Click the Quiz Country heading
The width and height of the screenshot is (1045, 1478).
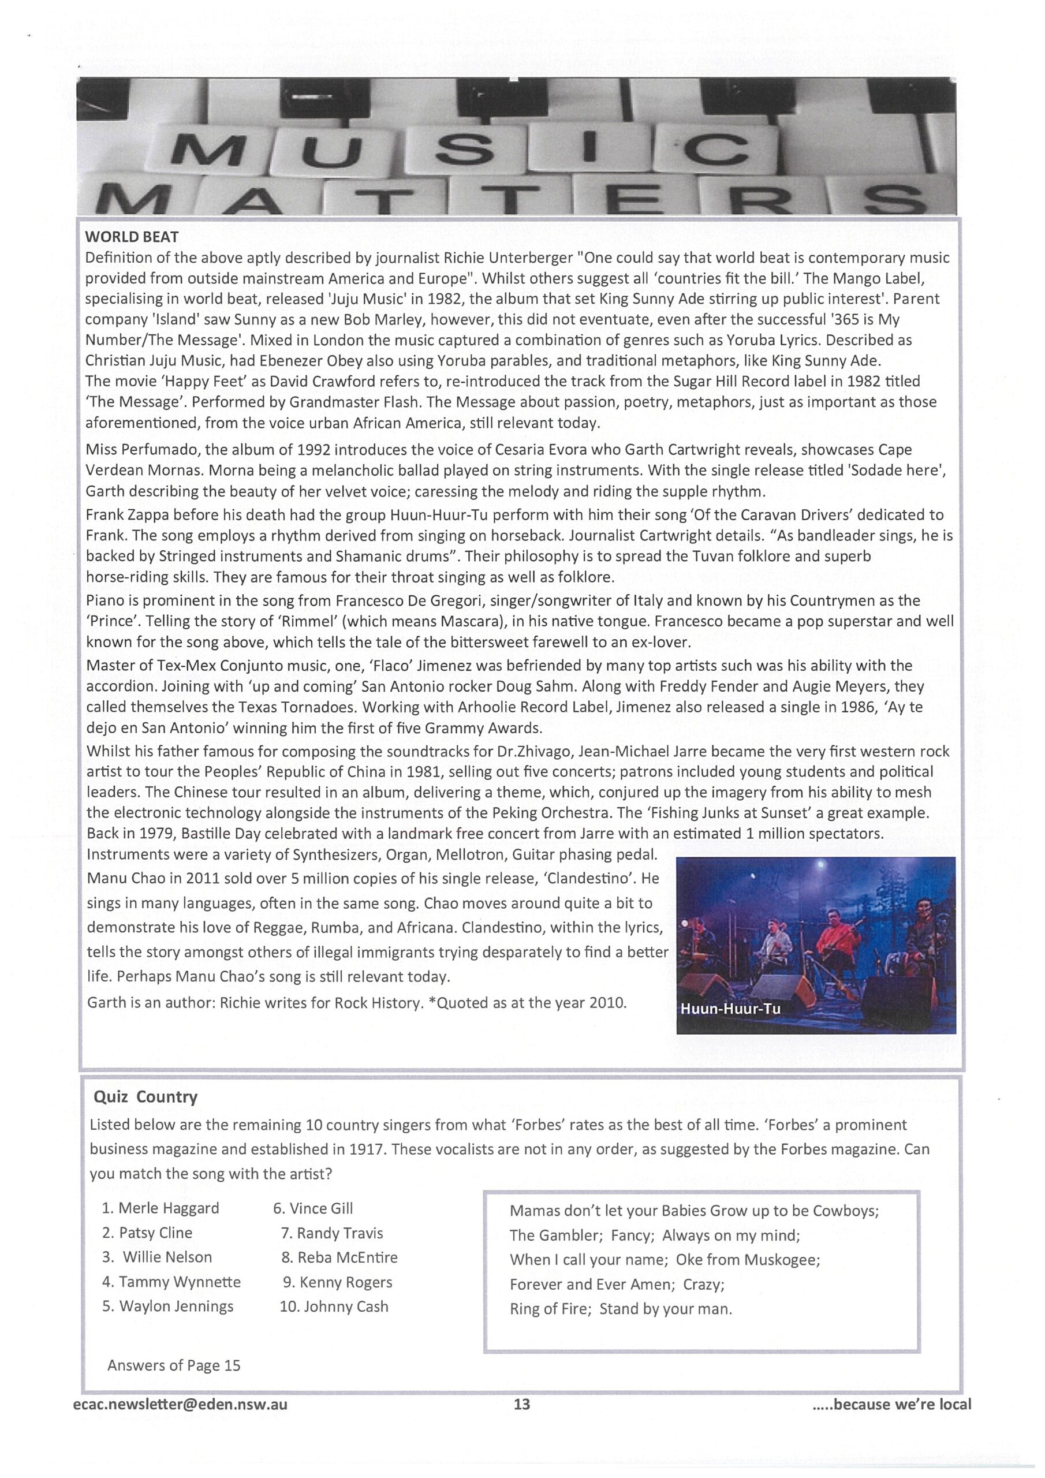click(x=145, y=1096)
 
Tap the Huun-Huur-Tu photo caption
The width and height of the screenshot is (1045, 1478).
click(x=730, y=1009)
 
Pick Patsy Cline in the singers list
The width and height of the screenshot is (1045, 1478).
click(x=155, y=1232)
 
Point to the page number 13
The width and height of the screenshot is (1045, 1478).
click(x=521, y=1404)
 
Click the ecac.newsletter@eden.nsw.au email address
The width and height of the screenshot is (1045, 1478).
click(x=180, y=1404)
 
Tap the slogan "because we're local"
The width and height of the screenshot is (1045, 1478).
click(x=901, y=1404)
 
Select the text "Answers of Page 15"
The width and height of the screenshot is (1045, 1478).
click(x=174, y=1365)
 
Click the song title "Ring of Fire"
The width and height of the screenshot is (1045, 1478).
click(x=550, y=1309)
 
